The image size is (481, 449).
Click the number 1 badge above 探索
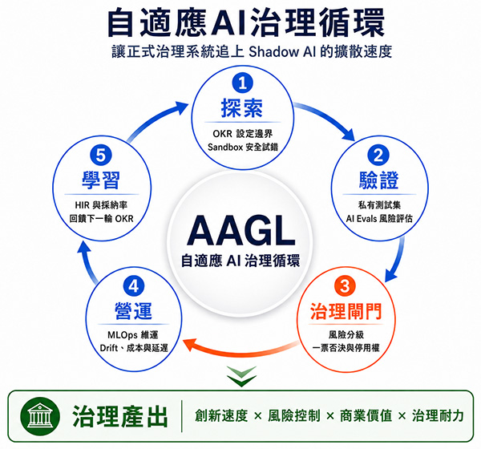242,83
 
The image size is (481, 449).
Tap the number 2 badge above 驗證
378,155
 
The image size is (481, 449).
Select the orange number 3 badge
345,286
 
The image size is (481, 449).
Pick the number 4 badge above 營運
133,286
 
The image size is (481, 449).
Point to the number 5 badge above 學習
101,155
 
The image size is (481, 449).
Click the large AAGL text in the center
240,231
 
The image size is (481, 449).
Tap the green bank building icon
40,416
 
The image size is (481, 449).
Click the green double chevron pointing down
241,376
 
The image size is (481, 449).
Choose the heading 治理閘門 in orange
346,311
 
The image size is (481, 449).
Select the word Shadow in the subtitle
273,51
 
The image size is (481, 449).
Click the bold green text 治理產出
120,416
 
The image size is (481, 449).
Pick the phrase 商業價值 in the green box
366,416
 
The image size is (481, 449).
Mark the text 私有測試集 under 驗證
379,204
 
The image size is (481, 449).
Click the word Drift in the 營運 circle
109,348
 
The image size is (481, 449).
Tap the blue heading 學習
101,180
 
